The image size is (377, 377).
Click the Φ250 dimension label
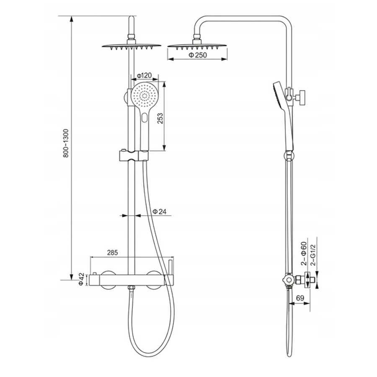(198, 55)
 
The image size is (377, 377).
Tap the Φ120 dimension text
(144, 76)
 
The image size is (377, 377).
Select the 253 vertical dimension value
(160, 118)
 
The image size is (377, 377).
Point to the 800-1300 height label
(66, 143)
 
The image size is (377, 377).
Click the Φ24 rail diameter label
(160, 212)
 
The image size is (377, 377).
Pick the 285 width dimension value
(113, 253)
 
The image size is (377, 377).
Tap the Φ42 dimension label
(82, 279)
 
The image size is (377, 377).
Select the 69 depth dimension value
(300, 298)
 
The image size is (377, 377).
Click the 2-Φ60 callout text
(305, 253)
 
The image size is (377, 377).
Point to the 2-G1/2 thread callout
(313, 255)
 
